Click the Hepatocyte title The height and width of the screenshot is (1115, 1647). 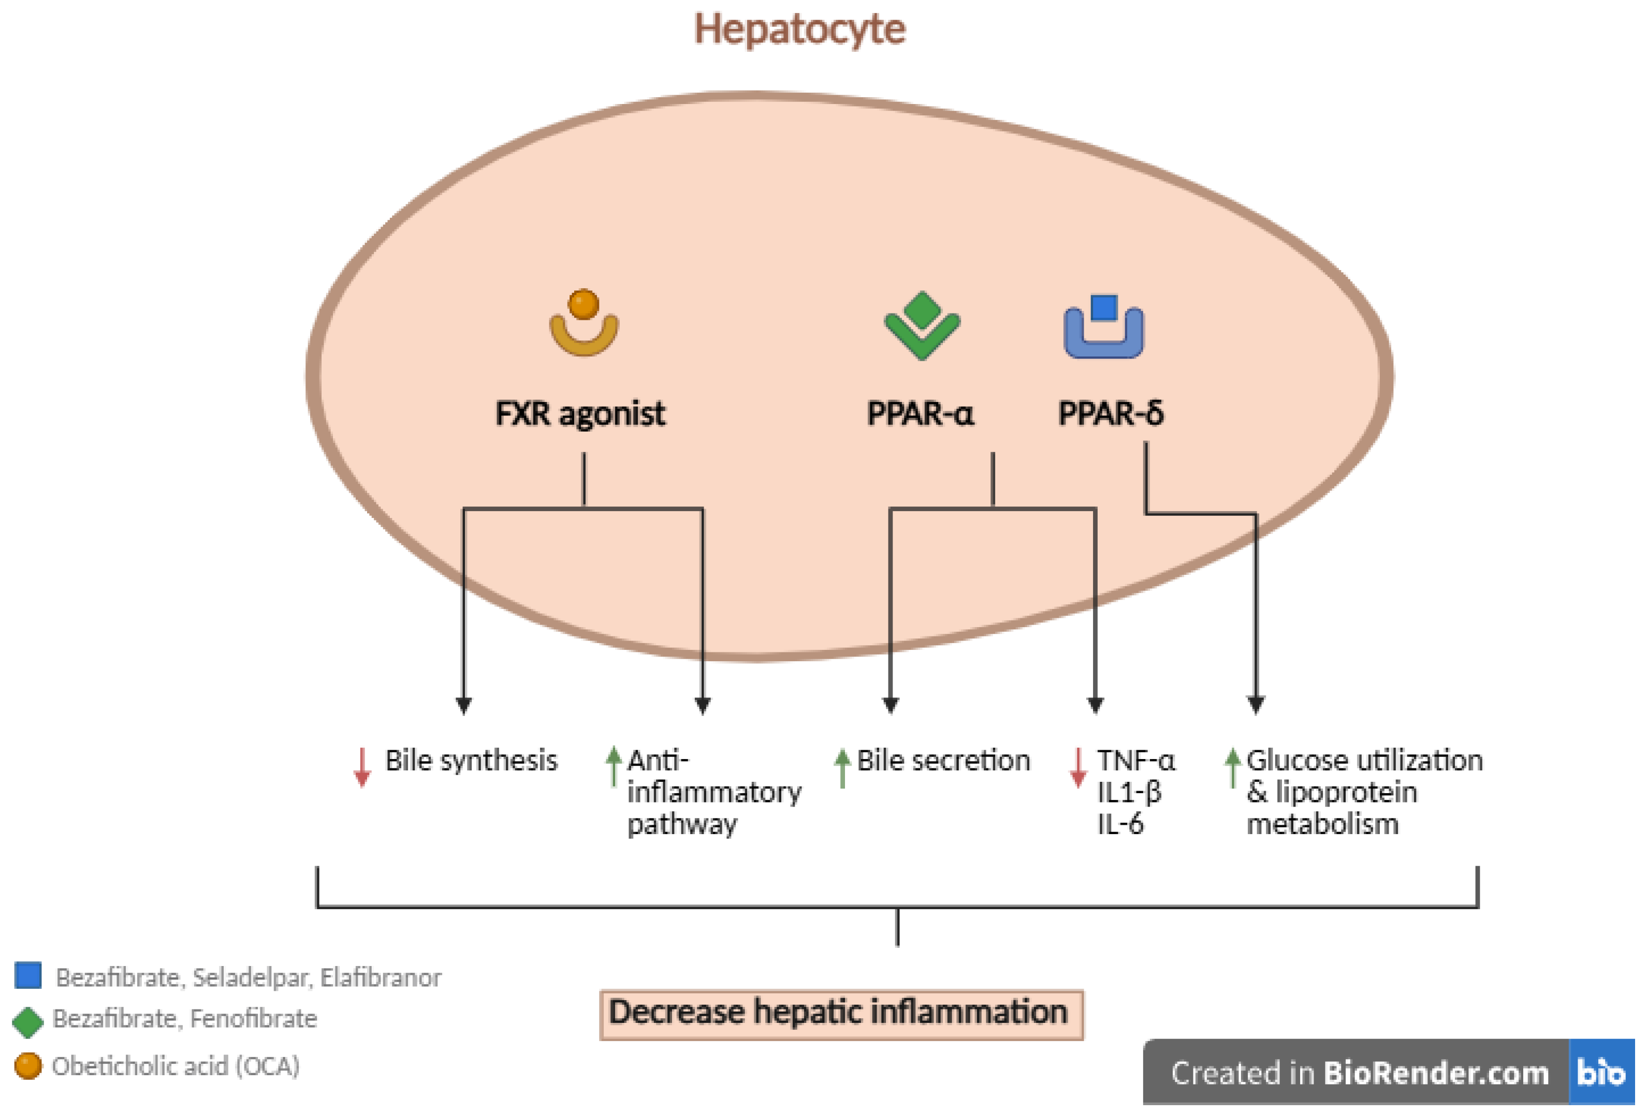pos(799,30)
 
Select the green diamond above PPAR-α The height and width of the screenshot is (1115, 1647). pos(922,308)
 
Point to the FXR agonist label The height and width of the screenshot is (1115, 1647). pos(580,414)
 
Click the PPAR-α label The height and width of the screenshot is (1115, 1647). pos(920,414)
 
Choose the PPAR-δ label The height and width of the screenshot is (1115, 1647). pos(1111,414)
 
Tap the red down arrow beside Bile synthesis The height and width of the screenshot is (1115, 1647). pos(362,766)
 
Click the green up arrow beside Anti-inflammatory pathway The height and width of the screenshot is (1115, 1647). pos(614,766)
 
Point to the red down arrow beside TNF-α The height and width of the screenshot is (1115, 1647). pos(1078,766)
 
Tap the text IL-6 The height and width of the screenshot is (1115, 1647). pos(1120,824)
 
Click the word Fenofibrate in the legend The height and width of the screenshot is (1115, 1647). pos(253,1019)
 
